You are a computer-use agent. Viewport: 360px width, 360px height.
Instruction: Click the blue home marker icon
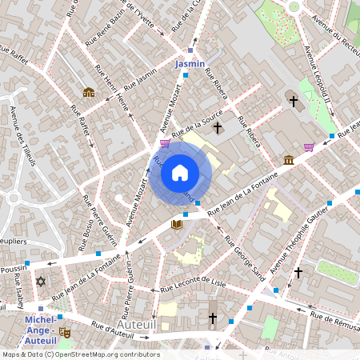180,172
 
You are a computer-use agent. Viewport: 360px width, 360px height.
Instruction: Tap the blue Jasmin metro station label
190,63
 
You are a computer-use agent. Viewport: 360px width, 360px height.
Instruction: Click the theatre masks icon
65,331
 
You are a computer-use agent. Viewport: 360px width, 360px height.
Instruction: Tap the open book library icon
177,225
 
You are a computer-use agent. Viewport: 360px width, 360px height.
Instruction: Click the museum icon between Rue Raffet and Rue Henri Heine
88,92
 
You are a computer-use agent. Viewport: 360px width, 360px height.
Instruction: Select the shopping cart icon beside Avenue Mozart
165,144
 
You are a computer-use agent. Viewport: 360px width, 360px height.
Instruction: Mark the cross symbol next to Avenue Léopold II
294,102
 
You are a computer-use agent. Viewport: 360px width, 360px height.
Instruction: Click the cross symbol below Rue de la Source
217,127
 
